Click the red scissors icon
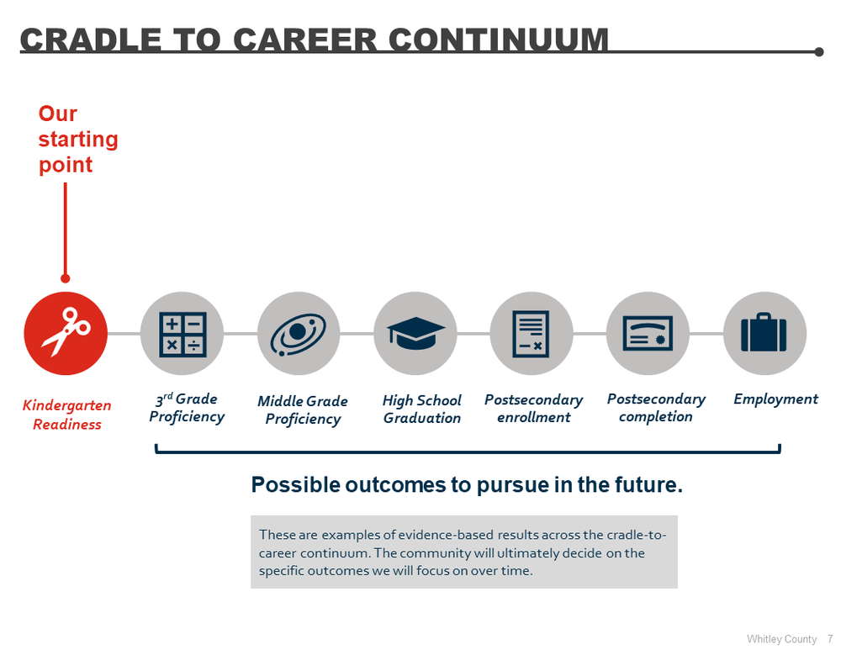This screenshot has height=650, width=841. pyautogui.click(x=66, y=333)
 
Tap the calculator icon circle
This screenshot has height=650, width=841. pyautogui.click(x=182, y=333)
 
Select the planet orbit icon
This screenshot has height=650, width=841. pyautogui.click(x=299, y=333)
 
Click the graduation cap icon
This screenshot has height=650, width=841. pyautogui.click(x=415, y=333)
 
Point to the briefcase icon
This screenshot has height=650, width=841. pyautogui.click(x=764, y=333)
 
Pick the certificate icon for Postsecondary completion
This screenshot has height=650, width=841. pyautogui.click(x=648, y=333)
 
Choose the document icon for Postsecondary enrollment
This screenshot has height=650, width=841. pyautogui.click(x=532, y=333)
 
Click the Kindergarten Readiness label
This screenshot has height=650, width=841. pyautogui.click(x=66, y=415)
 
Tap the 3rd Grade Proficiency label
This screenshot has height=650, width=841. pyautogui.click(x=187, y=408)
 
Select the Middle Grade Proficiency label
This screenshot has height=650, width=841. pyautogui.click(x=303, y=410)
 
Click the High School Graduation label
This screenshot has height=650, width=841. pyautogui.click(x=422, y=409)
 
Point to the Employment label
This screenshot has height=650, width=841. pyautogui.click(x=775, y=399)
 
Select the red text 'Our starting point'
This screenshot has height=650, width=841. pyautogui.click(x=78, y=139)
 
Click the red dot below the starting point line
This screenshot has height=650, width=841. pyautogui.click(x=66, y=278)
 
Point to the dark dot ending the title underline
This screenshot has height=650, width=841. pyautogui.click(x=819, y=52)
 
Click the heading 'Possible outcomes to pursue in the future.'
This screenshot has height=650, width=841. pyautogui.click(x=467, y=485)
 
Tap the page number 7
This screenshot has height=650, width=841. pyautogui.click(x=830, y=639)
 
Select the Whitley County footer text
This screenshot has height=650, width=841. pyautogui.click(x=781, y=639)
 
